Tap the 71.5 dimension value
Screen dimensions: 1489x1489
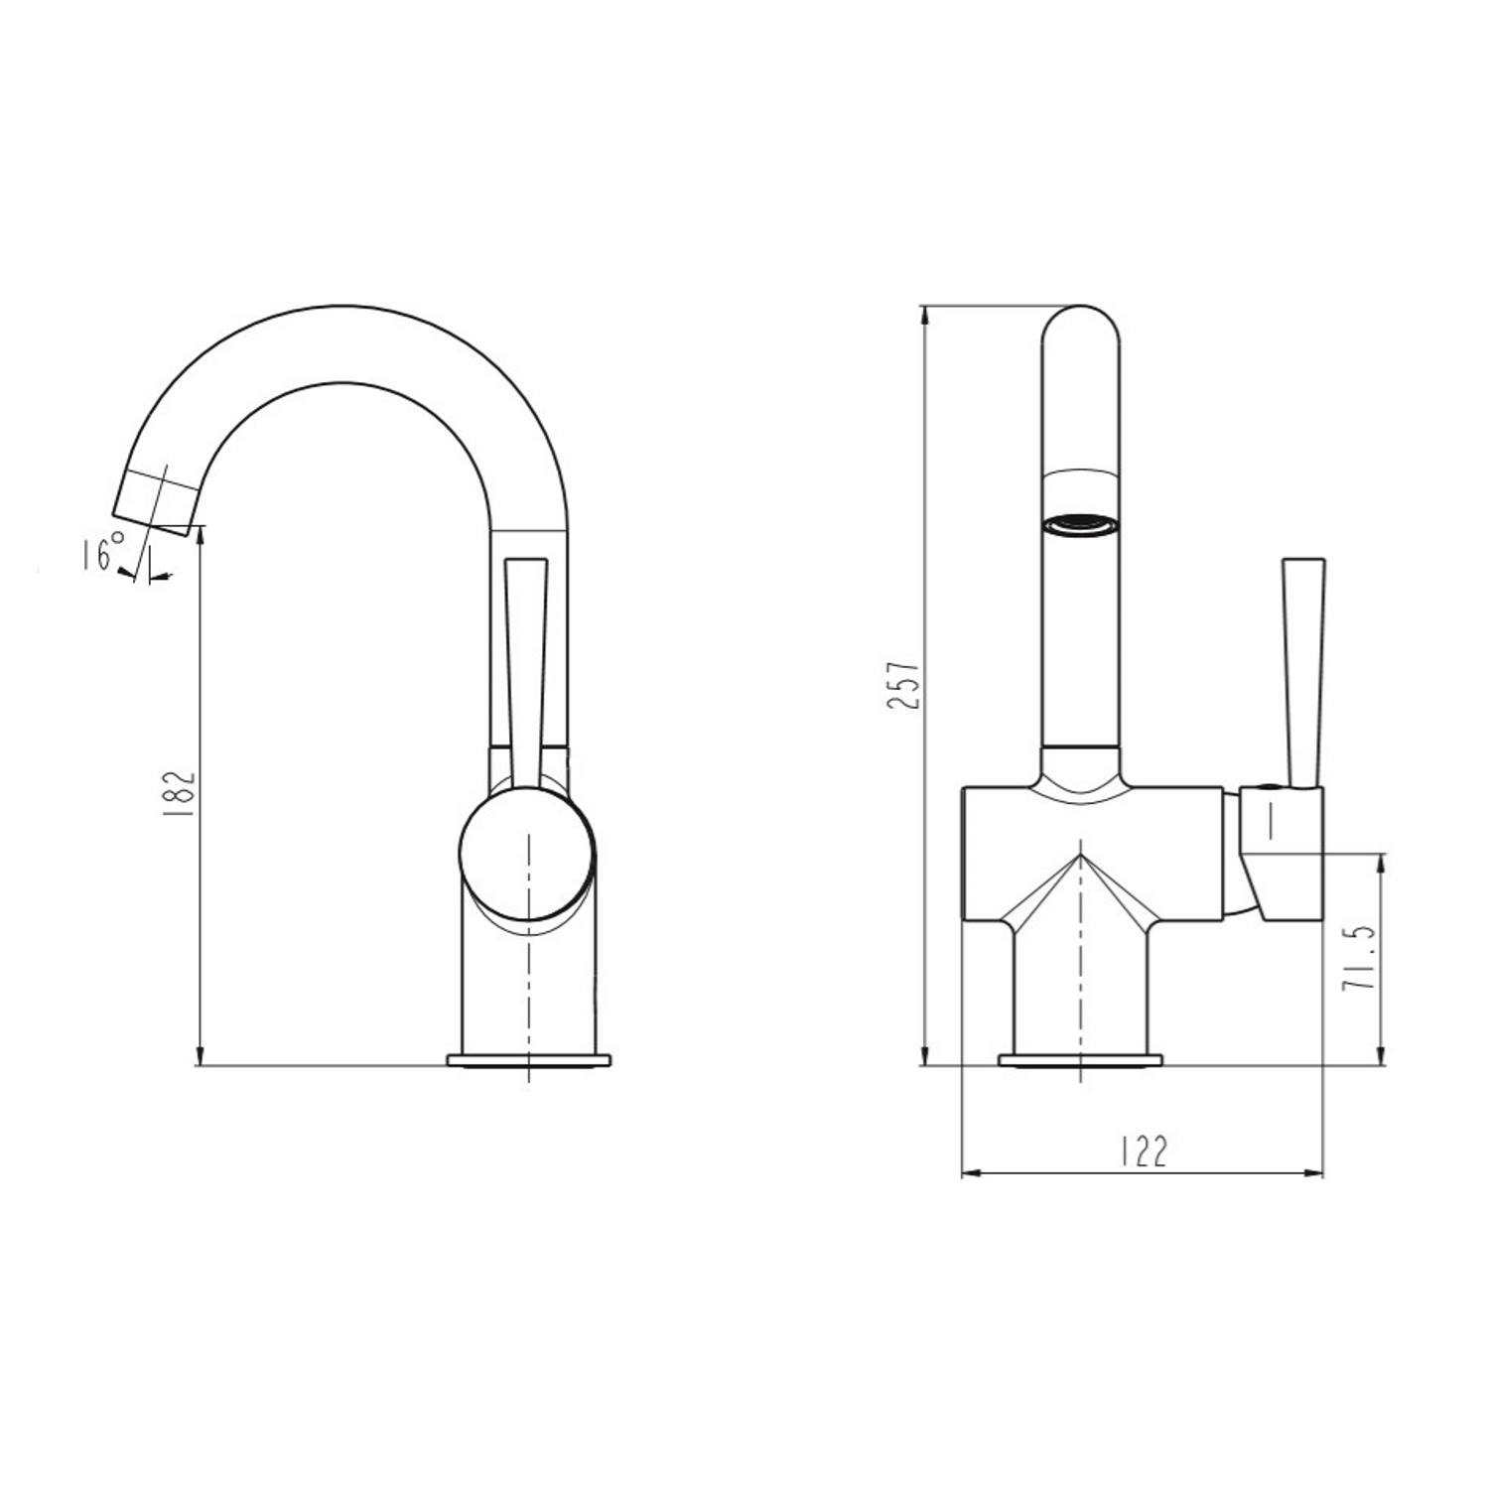pos(1356,957)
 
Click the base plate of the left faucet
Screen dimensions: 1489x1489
pos(529,1059)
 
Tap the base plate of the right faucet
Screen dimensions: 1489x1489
pos(1080,1059)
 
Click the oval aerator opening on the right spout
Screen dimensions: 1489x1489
pos(1081,523)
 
